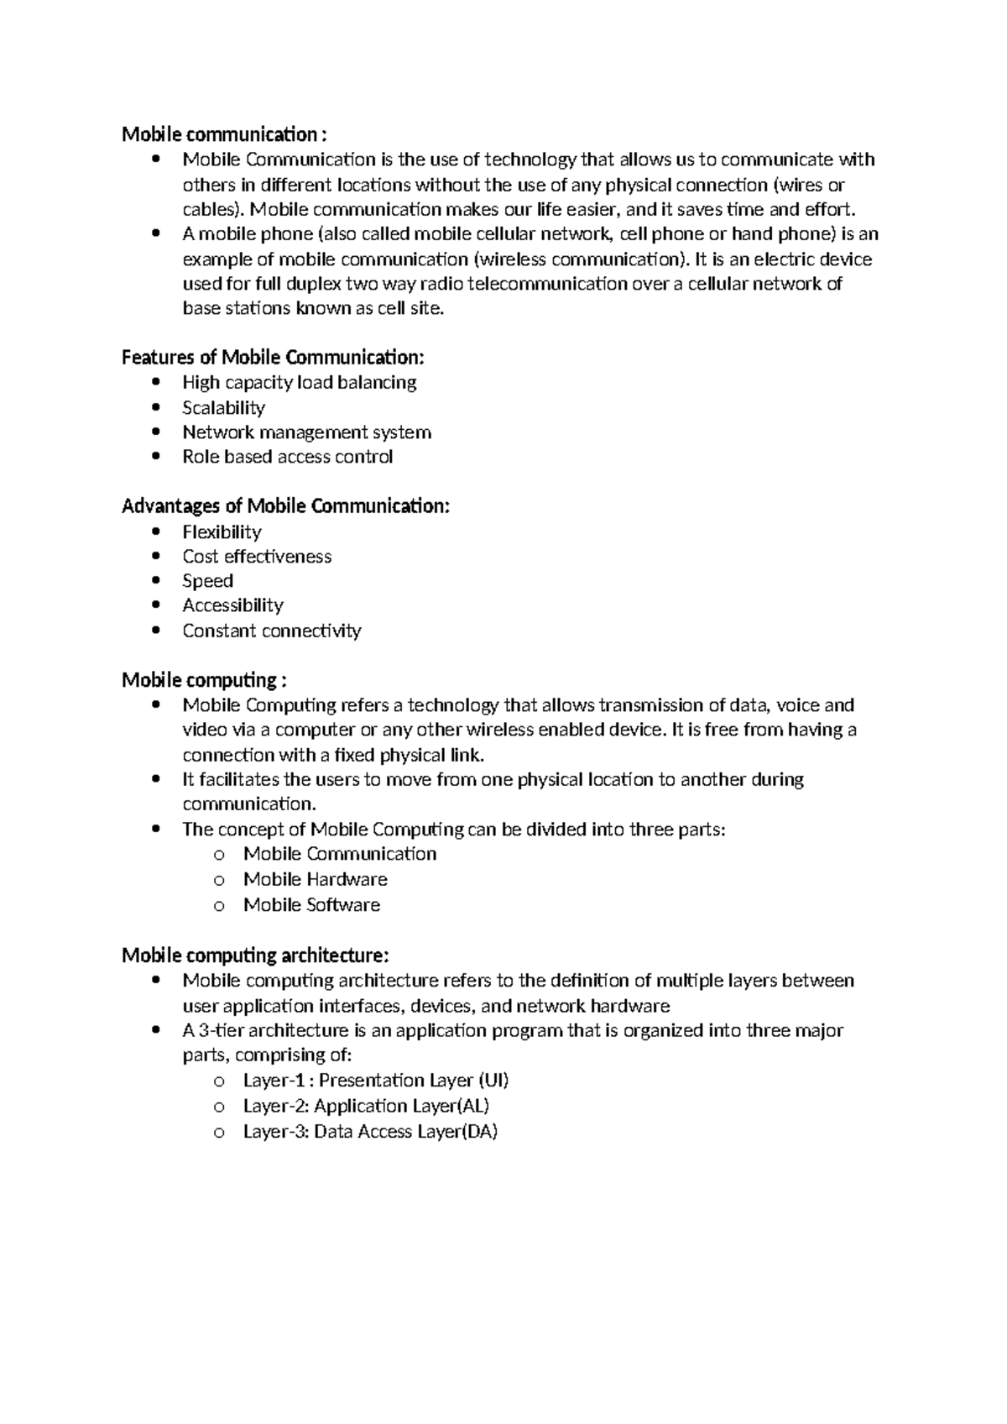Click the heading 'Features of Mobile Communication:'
click(x=273, y=358)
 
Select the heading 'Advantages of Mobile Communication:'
click(x=285, y=506)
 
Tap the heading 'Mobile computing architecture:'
click(x=255, y=955)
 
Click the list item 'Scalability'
click(x=223, y=408)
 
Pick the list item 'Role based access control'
click(x=287, y=457)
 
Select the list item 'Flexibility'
click(x=222, y=532)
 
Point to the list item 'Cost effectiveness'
click(x=257, y=557)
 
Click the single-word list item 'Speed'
click(x=207, y=581)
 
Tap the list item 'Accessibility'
click(x=232, y=605)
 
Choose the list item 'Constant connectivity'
click(x=271, y=631)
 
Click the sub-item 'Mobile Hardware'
click(x=315, y=880)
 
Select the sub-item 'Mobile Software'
click(x=311, y=905)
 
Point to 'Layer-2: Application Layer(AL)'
click(x=366, y=1107)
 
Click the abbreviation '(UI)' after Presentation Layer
click(x=493, y=1081)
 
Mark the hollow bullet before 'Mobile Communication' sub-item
click(x=219, y=855)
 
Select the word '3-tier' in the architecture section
click(x=220, y=1031)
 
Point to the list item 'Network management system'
click(x=306, y=432)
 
